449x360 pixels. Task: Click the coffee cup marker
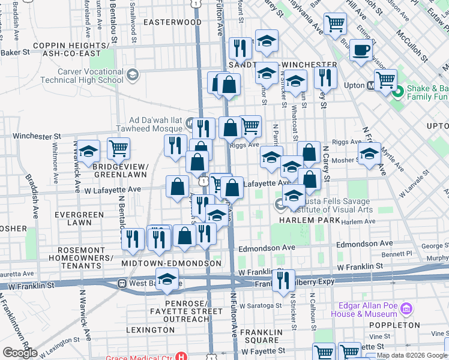[360, 50]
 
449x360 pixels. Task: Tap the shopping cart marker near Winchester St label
[118, 148]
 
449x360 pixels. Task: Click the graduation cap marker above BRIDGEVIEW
[88, 152]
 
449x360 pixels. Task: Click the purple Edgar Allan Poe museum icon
[407, 309]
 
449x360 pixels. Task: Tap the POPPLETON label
[399, 325]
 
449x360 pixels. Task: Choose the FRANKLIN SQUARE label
[259, 336]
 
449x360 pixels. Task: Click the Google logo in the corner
[19, 353]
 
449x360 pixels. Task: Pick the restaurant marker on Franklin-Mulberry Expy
[283, 280]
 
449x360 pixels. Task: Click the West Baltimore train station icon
[122, 283]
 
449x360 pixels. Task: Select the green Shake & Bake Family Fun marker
[396, 92]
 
